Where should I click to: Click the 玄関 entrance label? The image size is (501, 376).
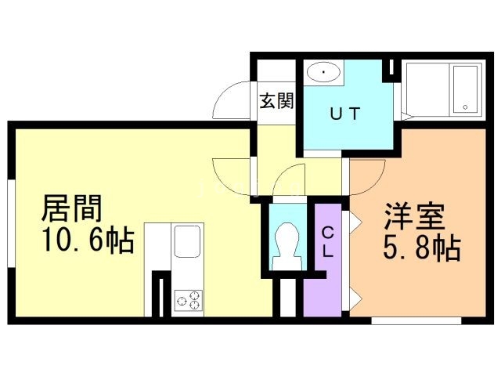click(x=276, y=102)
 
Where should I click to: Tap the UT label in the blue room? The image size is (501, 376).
click(x=344, y=113)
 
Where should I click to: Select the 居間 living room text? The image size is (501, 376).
click(x=72, y=211)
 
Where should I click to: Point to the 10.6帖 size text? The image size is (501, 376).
click(x=88, y=240)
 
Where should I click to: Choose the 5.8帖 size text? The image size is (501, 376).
click(x=421, y=249)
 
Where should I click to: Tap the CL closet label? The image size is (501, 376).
click(x=330, y=242)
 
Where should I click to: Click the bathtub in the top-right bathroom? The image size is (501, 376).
click(x=464, y=89)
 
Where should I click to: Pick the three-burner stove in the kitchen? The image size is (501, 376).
click(x=188, y=299)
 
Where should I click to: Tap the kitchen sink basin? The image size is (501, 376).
click(x=188, y=241)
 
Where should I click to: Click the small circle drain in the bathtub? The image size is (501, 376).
click(x=466, y=106)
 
